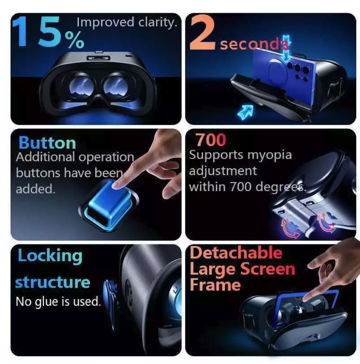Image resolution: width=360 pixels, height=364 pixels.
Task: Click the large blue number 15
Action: click(38, 33)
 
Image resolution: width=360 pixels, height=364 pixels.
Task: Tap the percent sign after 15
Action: click(74, 40)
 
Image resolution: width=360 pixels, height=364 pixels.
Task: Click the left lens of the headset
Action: click(77, 86)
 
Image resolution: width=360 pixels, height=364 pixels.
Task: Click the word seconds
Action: click(249, 44)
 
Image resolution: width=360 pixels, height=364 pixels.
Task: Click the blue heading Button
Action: click(47, 143)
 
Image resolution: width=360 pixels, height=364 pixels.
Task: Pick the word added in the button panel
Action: click(35, 189)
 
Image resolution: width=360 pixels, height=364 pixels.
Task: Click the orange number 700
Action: click(210, 140)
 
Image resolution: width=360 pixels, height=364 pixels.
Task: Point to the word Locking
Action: click(50, 256)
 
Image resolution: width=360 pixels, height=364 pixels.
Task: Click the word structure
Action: click(52, 282)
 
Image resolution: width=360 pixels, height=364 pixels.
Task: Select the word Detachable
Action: click(236, 253)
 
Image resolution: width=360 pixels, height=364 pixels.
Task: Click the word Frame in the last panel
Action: click(215, 285)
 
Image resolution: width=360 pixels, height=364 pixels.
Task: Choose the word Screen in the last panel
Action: click(267, 269)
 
